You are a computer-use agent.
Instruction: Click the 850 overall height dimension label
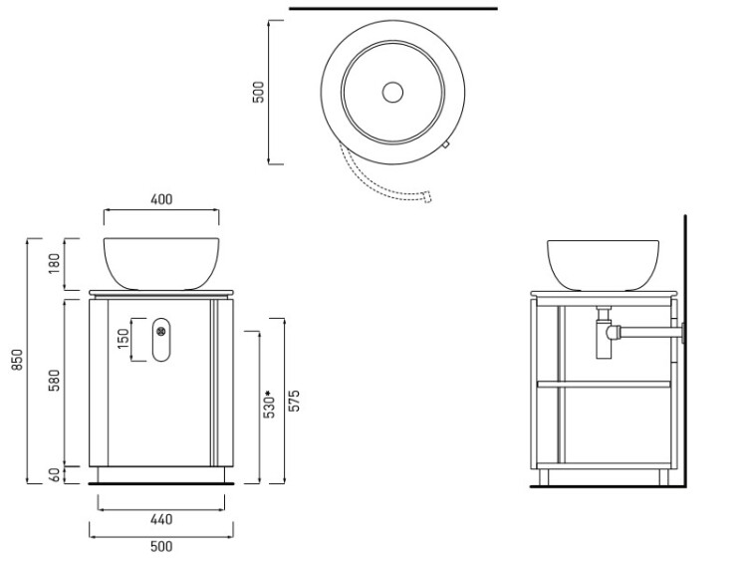click(17, 360)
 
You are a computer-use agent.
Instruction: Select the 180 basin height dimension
click(55, 264)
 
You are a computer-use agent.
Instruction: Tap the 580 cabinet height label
click(55, 381)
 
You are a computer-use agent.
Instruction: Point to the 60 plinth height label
click(55, 475)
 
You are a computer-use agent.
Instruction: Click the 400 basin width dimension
click(161, 199)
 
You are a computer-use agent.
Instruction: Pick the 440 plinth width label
click(161, 519)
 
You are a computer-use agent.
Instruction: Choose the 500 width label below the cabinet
click(161, 546)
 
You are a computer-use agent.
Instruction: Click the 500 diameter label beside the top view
click(258, 92)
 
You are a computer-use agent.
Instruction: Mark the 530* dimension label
click(269, 405)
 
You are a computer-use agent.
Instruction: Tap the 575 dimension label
click(295, 401)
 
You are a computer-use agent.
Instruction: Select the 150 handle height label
click(124, 338)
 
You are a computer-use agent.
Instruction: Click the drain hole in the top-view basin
click(392, 92)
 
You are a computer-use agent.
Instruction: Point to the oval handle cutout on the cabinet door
click(161, 340)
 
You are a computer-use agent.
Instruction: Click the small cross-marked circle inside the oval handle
click(161, 330)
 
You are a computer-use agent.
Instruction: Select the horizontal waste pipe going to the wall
click(651, 332)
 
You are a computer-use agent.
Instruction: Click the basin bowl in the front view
click(161, 264)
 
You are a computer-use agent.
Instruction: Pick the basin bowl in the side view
click(604, 265)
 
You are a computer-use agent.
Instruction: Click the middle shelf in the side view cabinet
click(604, 385)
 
